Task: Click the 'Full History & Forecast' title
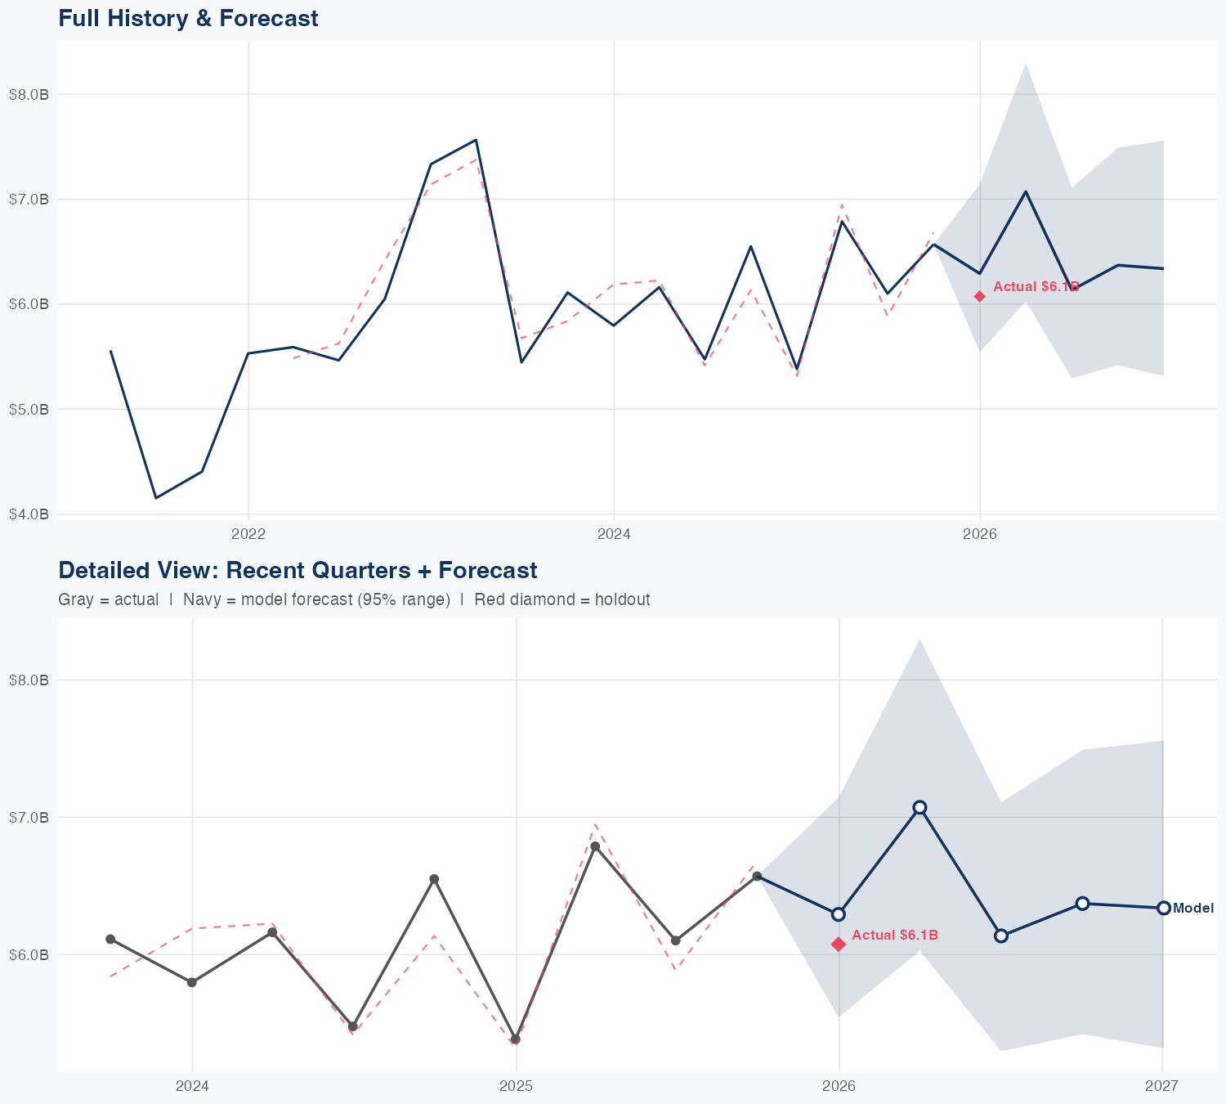[x=188, y=18]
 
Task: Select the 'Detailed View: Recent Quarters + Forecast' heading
[x=298, y=570]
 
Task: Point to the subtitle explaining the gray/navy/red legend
[x=354, y=599]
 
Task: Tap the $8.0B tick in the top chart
[x=29, y=94]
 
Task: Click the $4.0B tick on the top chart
[x=29, y=514]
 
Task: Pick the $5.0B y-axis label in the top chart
[x=29, y=409]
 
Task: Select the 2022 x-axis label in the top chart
[x=248, y=534]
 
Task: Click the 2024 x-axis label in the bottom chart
[x=193, y=1086]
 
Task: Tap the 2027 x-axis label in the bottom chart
[x=1161, y=1086]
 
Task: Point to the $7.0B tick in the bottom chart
[x=29, y=817]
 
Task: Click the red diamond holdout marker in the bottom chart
[x=839, y=945]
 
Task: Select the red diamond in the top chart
[x=980, y=296]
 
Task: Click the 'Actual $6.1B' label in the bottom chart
[x=894, y=935]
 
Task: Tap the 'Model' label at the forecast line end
[x=1193, y=908]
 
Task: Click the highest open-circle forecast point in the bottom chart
[x=919, y=807]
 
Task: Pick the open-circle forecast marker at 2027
[x=1163, y=908]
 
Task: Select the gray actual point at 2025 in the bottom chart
[x=515, y=1039]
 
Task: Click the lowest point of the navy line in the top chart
[x=156, y=498]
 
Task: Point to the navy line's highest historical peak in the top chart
[x=476, y=140]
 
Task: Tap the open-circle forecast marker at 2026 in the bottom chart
[x=839, y=914]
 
